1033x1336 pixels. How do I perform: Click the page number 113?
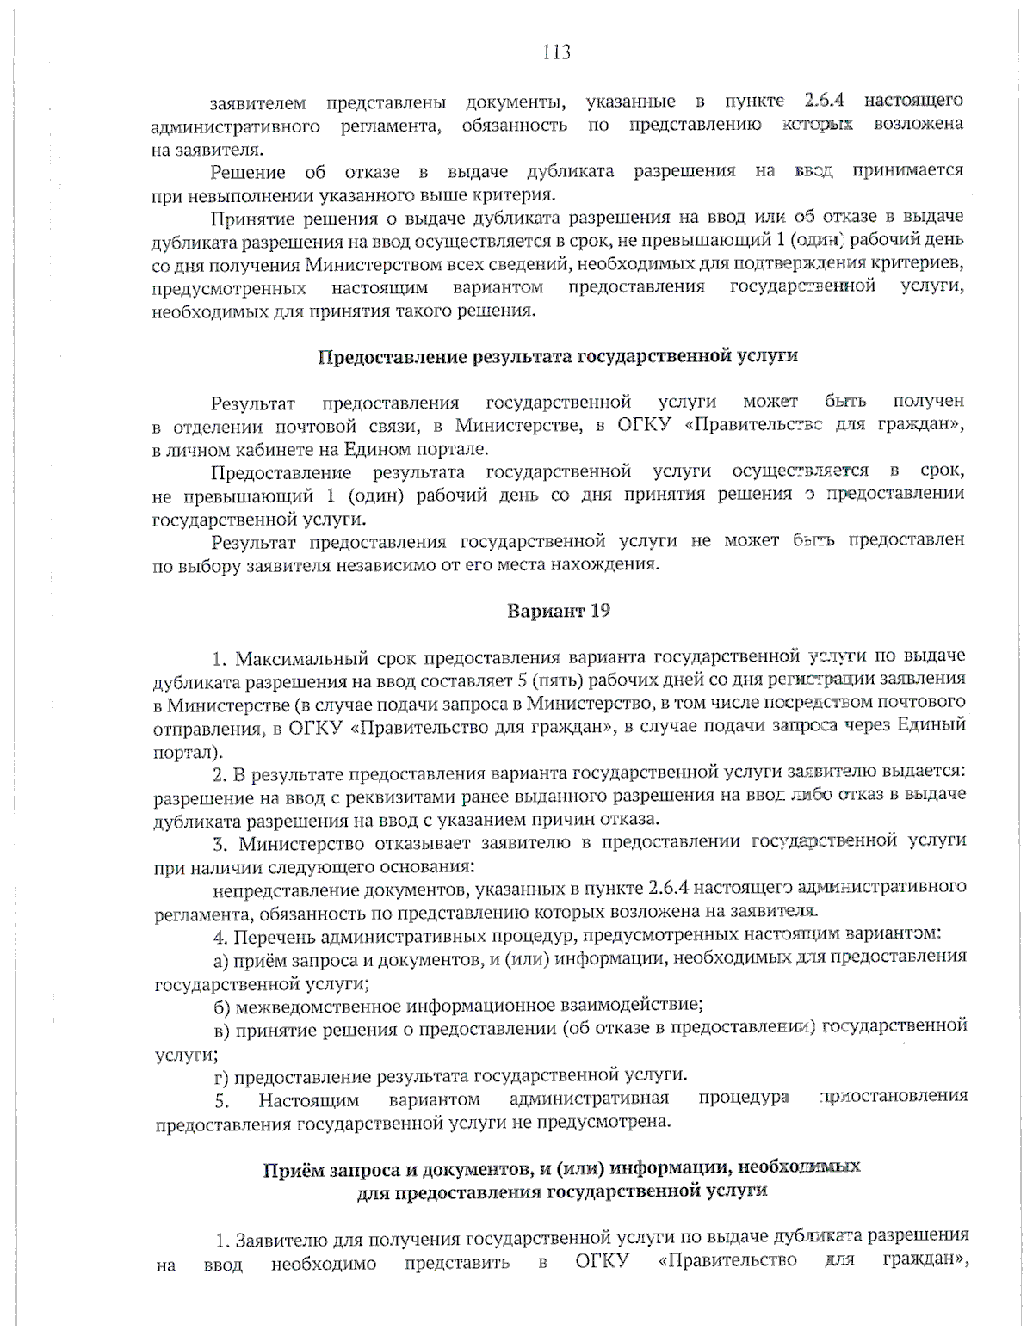pos(557,53)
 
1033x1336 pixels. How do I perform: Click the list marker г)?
pos(221,1076)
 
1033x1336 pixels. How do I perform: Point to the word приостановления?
pos(895,1097)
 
